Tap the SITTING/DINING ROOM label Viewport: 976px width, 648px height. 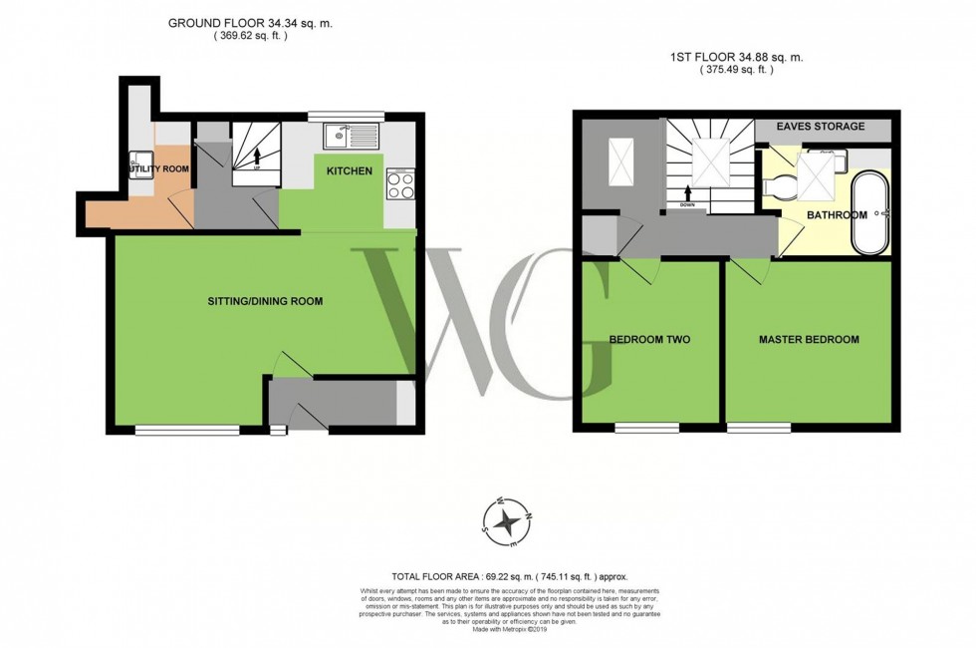(264, 301)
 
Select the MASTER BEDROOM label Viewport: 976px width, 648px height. (809, 340)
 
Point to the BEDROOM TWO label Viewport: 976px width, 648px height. (649, 340)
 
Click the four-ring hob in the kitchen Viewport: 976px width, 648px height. (400, 185)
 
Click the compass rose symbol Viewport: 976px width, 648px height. (508, 520)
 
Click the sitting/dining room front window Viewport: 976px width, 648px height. (187, 430)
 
